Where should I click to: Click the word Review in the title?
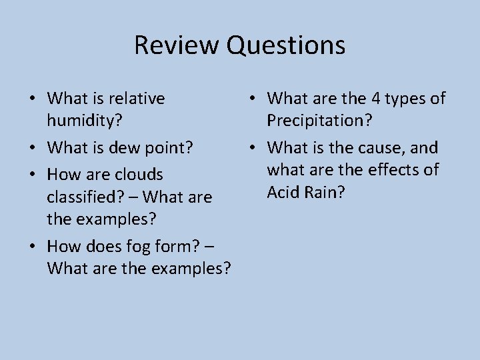(x=177, y=45)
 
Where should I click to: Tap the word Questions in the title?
(x=286, y=45)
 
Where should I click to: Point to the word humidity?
(x=82, y=121)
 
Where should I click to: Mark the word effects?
(x=393, y=170)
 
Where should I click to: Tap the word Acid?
(x=283, y=192)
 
